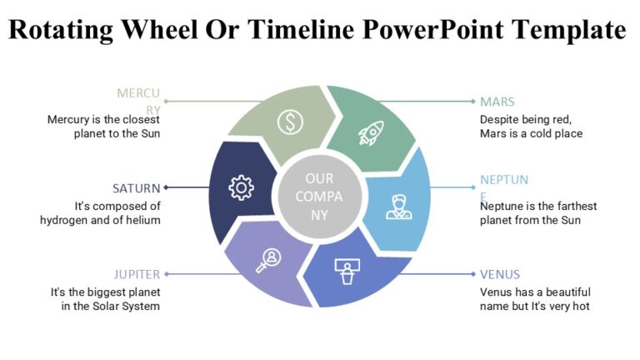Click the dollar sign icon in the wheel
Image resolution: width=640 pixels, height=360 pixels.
pos(290,122)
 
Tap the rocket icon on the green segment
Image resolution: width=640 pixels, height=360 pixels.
pos(370,131)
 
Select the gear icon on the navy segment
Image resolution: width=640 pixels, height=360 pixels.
pos(241,188)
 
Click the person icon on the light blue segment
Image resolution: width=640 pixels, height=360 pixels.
pos(398,207)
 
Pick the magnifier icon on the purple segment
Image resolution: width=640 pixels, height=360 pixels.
pos(267,260)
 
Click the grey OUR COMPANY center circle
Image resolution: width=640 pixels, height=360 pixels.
pos(319,197)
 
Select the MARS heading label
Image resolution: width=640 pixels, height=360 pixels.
pos(497,102)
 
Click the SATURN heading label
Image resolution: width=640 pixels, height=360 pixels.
pos(136,188)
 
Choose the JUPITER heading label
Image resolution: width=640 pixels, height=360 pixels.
pos(137,274)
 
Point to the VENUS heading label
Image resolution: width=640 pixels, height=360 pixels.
pos(500,274)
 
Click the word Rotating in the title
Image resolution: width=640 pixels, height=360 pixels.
pos(61,30)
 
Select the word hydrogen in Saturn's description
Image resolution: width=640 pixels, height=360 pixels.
pos(64,220)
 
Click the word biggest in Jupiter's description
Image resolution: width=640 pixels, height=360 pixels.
pos(104,292)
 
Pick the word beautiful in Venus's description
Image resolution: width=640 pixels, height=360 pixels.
pos(563,292)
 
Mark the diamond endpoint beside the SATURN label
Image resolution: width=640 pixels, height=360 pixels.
pos(167,187)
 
